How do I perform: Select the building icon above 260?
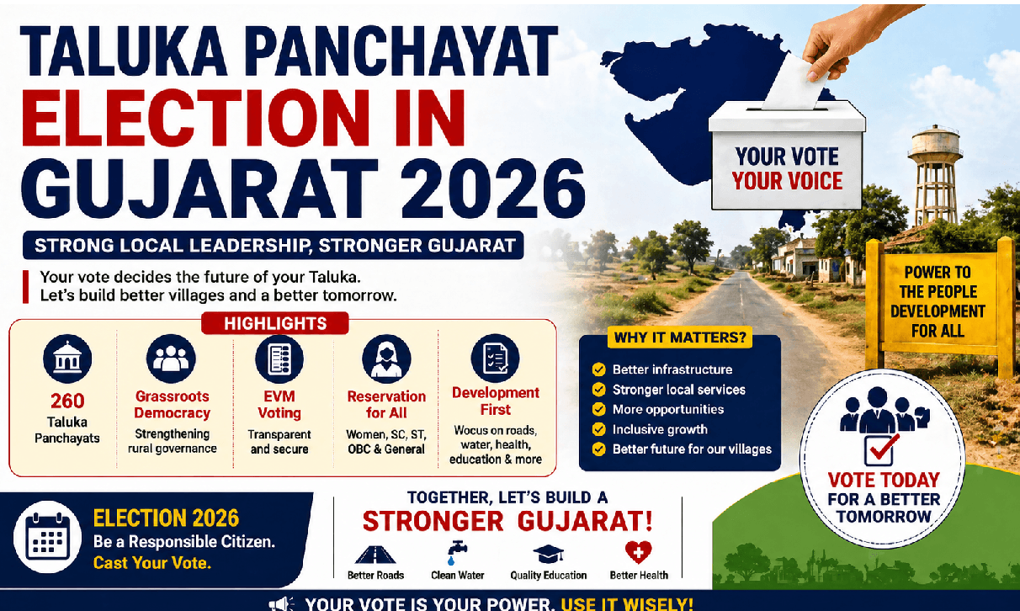67,359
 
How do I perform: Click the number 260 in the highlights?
67,401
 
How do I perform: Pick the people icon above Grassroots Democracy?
171,359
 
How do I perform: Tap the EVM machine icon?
279,359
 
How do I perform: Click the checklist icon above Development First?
495,359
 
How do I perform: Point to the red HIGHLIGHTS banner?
274,323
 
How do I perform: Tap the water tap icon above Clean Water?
457,552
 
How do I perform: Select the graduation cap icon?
548,553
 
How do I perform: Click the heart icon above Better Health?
639,552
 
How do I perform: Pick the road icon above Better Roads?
375,554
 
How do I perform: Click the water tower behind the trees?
935,168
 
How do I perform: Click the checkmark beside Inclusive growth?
598,429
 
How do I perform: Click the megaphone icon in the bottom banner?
280,603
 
